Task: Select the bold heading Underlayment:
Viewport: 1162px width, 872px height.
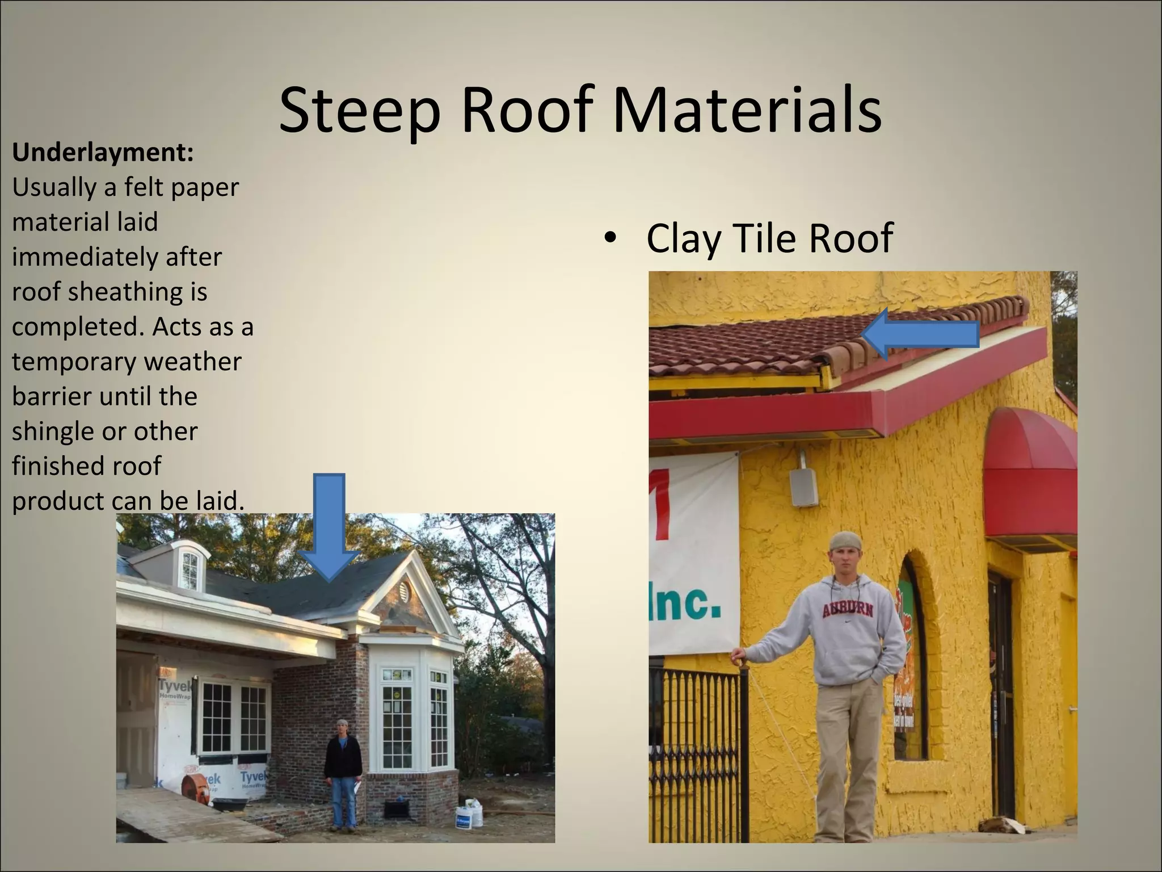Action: (103, 153)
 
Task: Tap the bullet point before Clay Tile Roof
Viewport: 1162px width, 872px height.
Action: (611, 238)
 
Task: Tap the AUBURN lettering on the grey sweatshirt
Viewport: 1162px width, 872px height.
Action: (848, 610)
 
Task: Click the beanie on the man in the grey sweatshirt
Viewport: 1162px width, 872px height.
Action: (845, 541)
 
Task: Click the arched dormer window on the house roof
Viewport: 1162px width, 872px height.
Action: (190, 570)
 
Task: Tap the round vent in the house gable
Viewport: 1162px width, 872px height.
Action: (404, 593)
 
